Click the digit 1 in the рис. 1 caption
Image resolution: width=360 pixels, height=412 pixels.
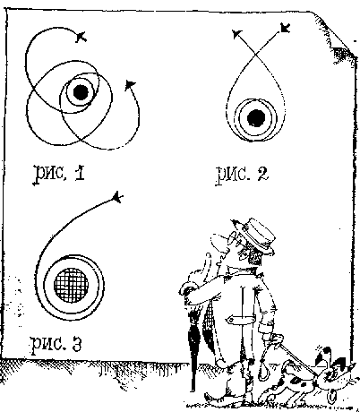pyautogui.click(x=80, y=174)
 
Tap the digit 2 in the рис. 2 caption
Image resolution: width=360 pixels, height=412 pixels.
pyautogui.click(x=261, y=174)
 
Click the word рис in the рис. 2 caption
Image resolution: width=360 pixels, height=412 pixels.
pyautogui.click(x=231, y=176)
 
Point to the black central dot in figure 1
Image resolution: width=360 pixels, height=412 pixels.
pyautogui.click(x=81, y=92)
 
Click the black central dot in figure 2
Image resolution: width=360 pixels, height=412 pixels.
pyautogui.click(x=256, y=118)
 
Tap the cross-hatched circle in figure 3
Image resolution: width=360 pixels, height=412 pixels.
pyautogui.click(x=71, y=285)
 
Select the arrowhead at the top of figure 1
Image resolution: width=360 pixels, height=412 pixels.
pyautogui.click(x=81, y=37)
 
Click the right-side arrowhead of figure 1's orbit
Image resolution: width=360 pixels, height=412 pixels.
pyautogui.click(x=130, y=85)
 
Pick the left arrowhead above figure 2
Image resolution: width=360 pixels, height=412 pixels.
pyautogui.click(x=237, y=34)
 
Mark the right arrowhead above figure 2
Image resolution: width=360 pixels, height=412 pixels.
pyautogui.click(x=285, y=28)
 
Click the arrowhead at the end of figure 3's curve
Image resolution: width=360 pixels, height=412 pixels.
pyautogui.click(x=117, y=197)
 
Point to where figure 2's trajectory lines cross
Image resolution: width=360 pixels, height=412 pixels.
pyautogui.click(x=255, y=55)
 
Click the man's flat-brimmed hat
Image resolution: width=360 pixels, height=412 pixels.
pyautogui.click(x=257, y=235)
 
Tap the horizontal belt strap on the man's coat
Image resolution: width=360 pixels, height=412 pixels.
pyautogui.click(x=241, y=320)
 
